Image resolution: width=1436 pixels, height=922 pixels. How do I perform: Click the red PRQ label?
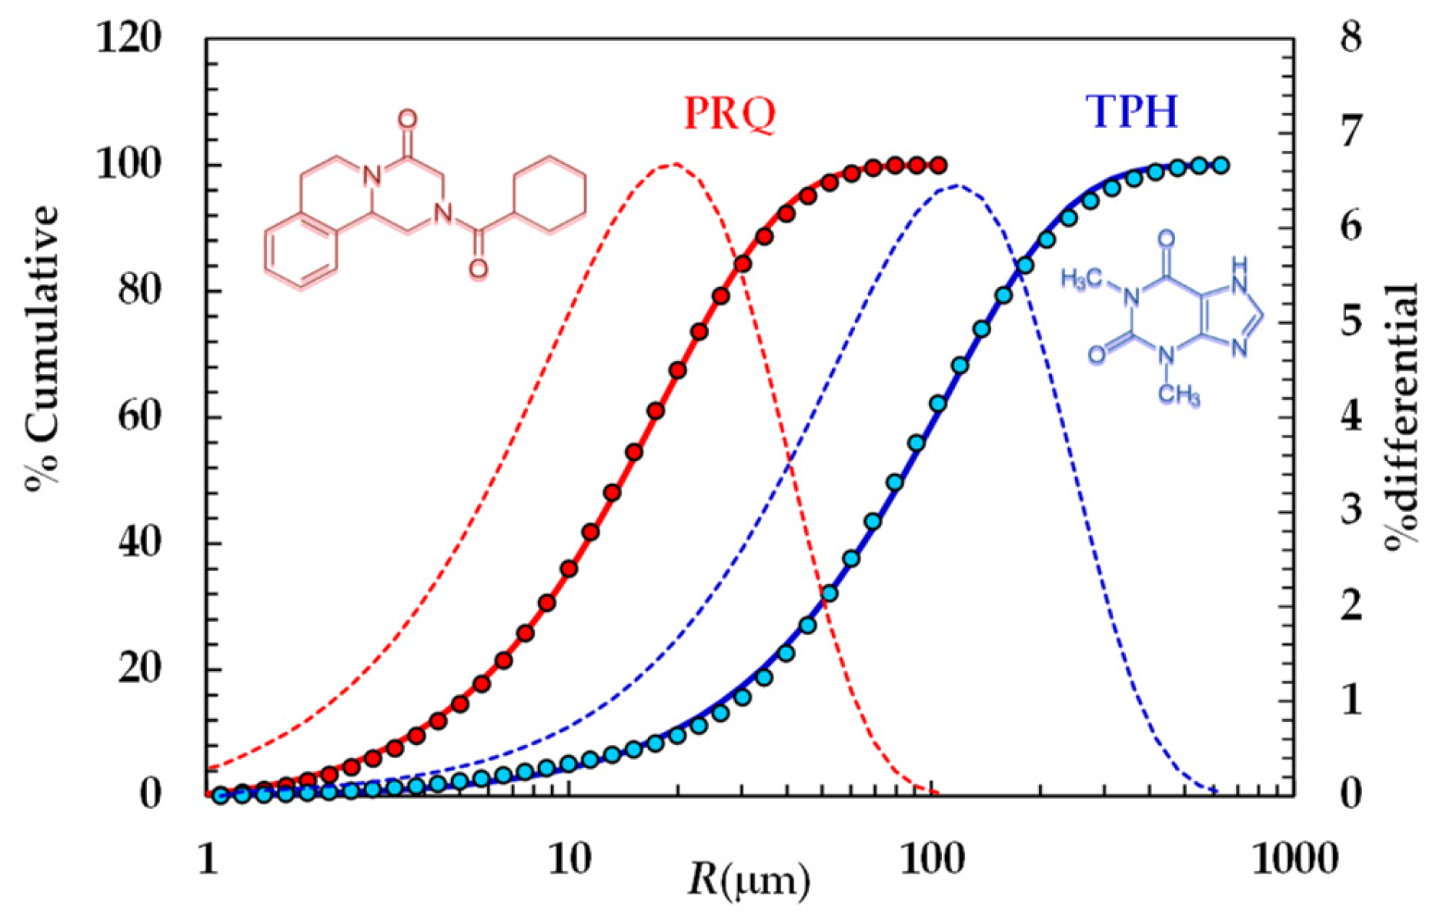(730, 114)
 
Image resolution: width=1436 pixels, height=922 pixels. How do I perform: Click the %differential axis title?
(1402, 416)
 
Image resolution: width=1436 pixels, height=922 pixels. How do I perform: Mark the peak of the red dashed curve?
(674, 164)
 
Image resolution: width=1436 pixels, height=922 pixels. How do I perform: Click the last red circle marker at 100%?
(938, 165)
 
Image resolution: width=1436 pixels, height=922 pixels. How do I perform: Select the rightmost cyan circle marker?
(1221, 165)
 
